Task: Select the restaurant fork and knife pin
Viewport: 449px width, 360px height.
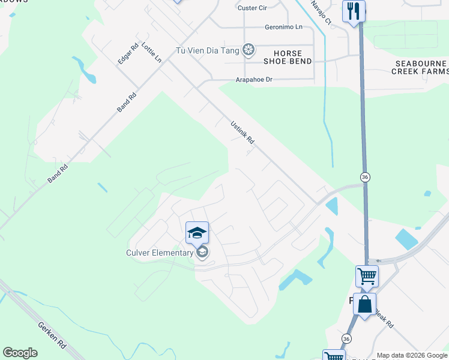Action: click(x=354, y=11)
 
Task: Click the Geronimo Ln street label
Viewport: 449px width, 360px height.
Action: click(x=284, y=28)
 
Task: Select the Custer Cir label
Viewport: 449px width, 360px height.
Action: click(x=252, y=8)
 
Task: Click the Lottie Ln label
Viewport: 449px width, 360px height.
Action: click(x=151, y=53)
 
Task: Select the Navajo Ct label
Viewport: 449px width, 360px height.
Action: click(x=321, y=12)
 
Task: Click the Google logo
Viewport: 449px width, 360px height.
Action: click(x=20, y=353)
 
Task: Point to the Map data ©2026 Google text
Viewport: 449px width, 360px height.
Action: click(x=412, y=355)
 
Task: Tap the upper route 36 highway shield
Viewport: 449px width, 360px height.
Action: click(x=364, y=177)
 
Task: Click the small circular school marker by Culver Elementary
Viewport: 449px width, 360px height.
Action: click(x=202, y=252)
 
